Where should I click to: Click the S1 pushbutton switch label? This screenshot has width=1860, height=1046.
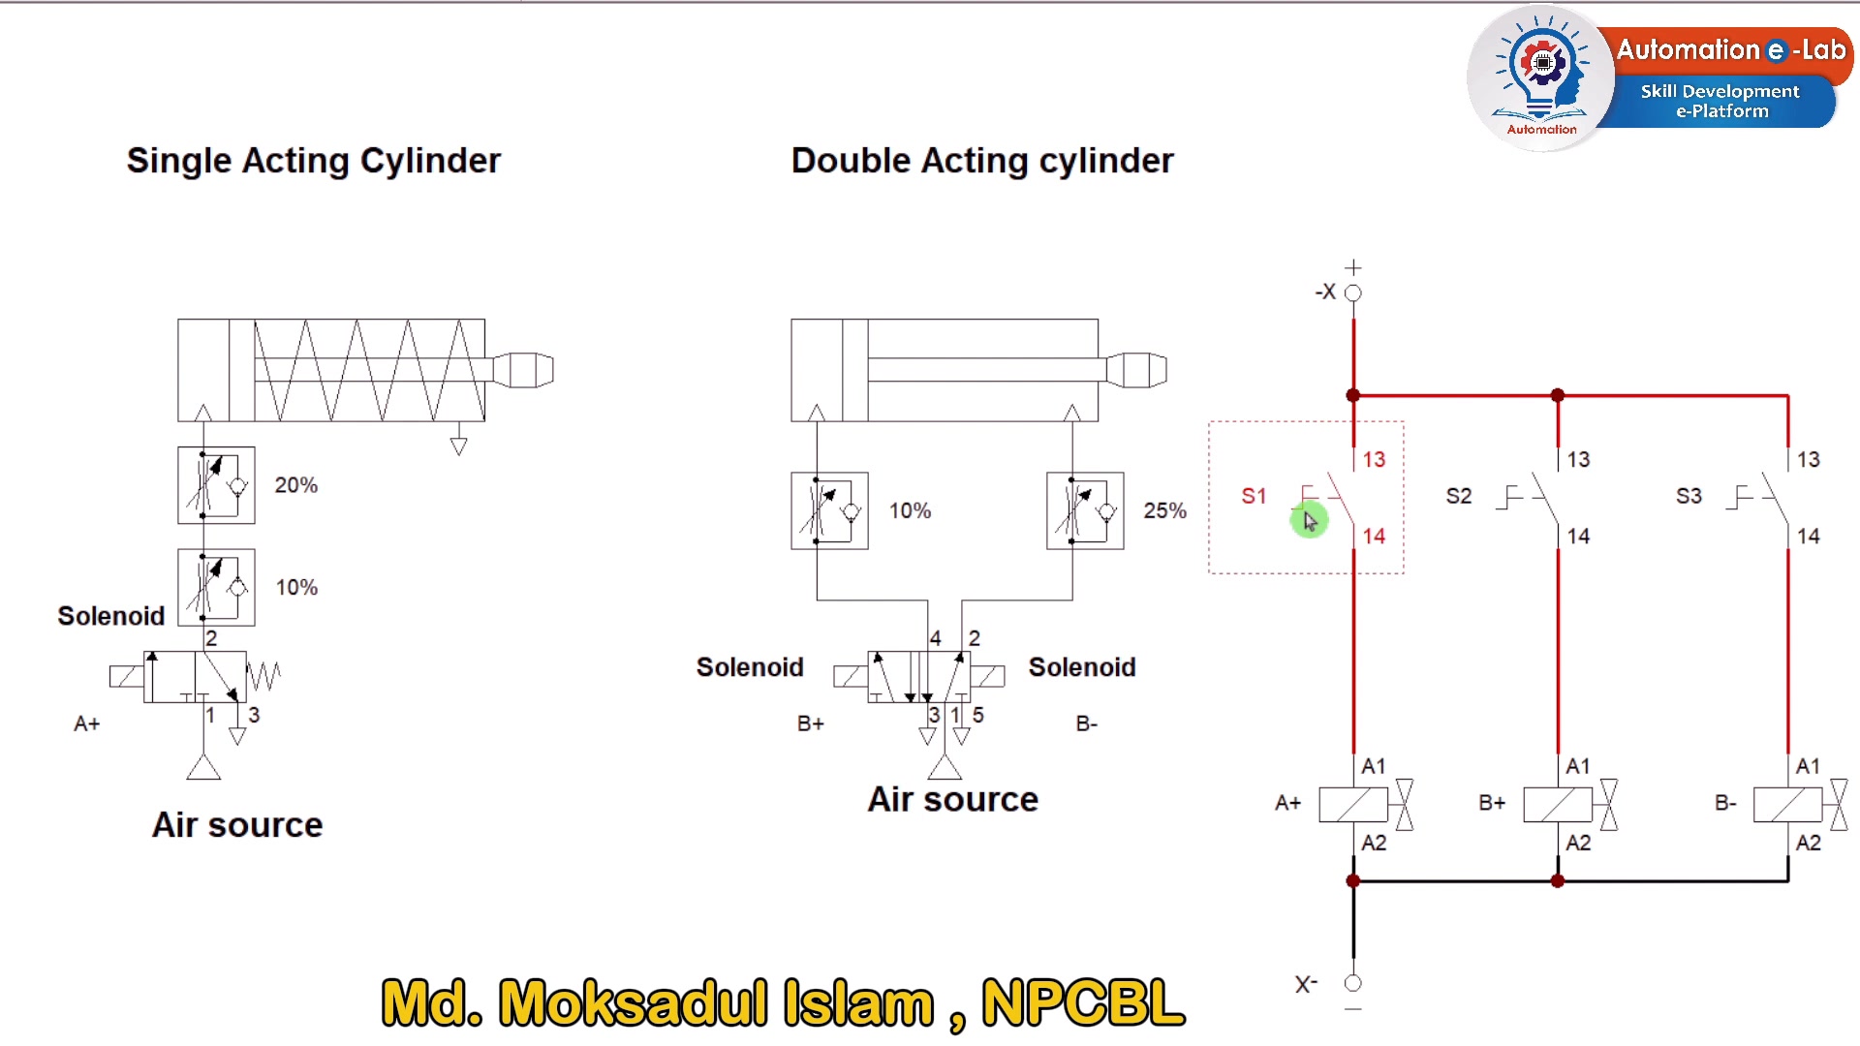click(1254, 496)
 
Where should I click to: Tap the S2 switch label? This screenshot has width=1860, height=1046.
click(1458, 496)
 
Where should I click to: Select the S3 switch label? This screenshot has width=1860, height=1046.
click(1689, 496)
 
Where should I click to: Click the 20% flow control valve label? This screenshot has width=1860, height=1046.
click(296, 484)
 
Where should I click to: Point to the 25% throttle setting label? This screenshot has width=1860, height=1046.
click(1164, 510)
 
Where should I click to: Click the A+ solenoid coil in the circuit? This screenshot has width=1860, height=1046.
click(1353, 805)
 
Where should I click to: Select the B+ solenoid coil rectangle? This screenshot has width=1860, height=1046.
click(1558, 805)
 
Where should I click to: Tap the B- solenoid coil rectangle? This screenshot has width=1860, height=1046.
click(1788, 805)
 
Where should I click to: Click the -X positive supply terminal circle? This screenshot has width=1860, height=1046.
click(1353, 292)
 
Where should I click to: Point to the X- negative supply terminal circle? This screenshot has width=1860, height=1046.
click(1353, 983)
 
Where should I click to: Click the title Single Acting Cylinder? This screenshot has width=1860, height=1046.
click(314, 161)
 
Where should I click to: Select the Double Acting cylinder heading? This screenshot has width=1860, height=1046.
click(982, 161)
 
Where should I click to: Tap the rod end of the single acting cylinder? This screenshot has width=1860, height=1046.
click(523, 370)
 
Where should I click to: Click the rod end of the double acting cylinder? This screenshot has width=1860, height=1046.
click(1136, 370)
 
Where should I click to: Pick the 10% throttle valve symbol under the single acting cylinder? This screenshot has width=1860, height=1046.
click(216, 588)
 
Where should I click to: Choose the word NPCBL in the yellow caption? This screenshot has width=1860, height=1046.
click(1083, 1002)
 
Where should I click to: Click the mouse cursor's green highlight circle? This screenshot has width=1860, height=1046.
click(1309, 521)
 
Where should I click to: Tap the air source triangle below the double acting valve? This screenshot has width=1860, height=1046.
click(945, 768)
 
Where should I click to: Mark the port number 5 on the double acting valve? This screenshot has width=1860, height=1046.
click(978, 715)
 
